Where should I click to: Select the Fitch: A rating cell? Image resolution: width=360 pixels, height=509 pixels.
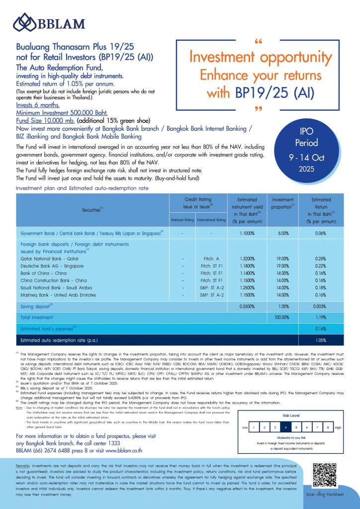[x=211, y=258]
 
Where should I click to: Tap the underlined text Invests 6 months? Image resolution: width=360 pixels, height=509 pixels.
[x=38, y=105]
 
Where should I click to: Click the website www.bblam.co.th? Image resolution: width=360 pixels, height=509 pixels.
[x=122, y=451]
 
